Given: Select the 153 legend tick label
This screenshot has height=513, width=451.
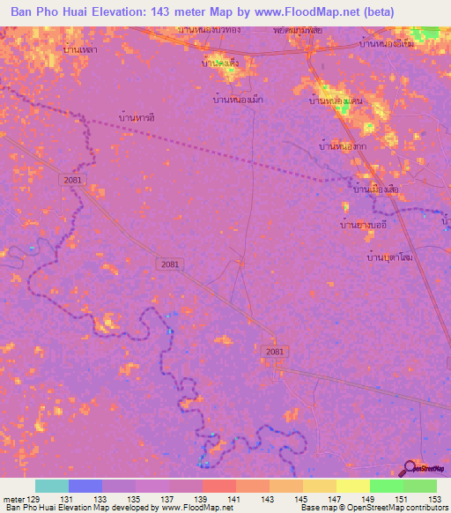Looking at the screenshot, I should (435, 499).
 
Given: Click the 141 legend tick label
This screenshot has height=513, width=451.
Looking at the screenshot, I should (235, 499).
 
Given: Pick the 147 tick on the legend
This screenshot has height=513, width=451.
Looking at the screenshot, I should (336, 499).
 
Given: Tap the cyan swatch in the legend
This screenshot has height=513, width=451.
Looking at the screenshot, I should (52, 486).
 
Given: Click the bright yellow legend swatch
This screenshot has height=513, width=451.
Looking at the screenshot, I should (352, 486).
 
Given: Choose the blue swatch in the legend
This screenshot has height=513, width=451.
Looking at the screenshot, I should (85, 486).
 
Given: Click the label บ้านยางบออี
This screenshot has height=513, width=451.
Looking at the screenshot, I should (365, 226).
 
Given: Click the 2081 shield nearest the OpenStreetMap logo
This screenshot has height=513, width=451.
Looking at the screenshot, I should (274, 352).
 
